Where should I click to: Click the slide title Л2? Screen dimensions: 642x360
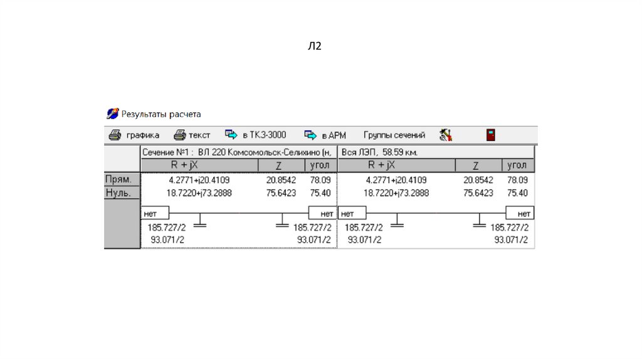pyautogui.click(x=314, y=46)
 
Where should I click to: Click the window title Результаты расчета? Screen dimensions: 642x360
pyautogui.click(x=161, y=114)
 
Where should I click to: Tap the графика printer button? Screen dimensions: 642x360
pyautogui.click(x=134, y=135)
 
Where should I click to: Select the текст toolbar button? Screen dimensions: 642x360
pyautogui.click(x=192, y=135)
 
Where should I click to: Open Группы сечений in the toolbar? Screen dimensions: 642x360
pyautogui.click(x=394, y=135)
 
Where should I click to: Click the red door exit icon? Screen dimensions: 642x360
pyautogui.click(x=491, y=135)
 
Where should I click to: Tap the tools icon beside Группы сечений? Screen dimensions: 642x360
pyautogui.click(x=446, y=135)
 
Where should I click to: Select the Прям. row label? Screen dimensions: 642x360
pyautogui.click(x=118, y=179)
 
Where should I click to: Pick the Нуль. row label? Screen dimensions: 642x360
pyautogui.click(x=118, y=193)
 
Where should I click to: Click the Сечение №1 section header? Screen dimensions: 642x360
pyautogui.click(x=238, y=152)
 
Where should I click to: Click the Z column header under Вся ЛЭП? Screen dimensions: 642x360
pyautogui.click(x=476, y=166)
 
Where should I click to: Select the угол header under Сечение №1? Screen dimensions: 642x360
pyautogui.click(x=321, y=166)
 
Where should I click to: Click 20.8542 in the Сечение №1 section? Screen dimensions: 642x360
pyautogui.click(x=281, y=180)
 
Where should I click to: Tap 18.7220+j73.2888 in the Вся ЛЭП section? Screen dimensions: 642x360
pyautogui.click(x=396, y=193)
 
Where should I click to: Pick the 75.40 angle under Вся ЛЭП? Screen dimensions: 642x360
pyautogui.click(x=518, y=193)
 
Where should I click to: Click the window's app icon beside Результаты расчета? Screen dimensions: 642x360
pyautogui.click(x=112, y=114)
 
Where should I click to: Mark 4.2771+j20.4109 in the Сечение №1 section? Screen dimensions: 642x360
pyautogui.click(x=199, y=180)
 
